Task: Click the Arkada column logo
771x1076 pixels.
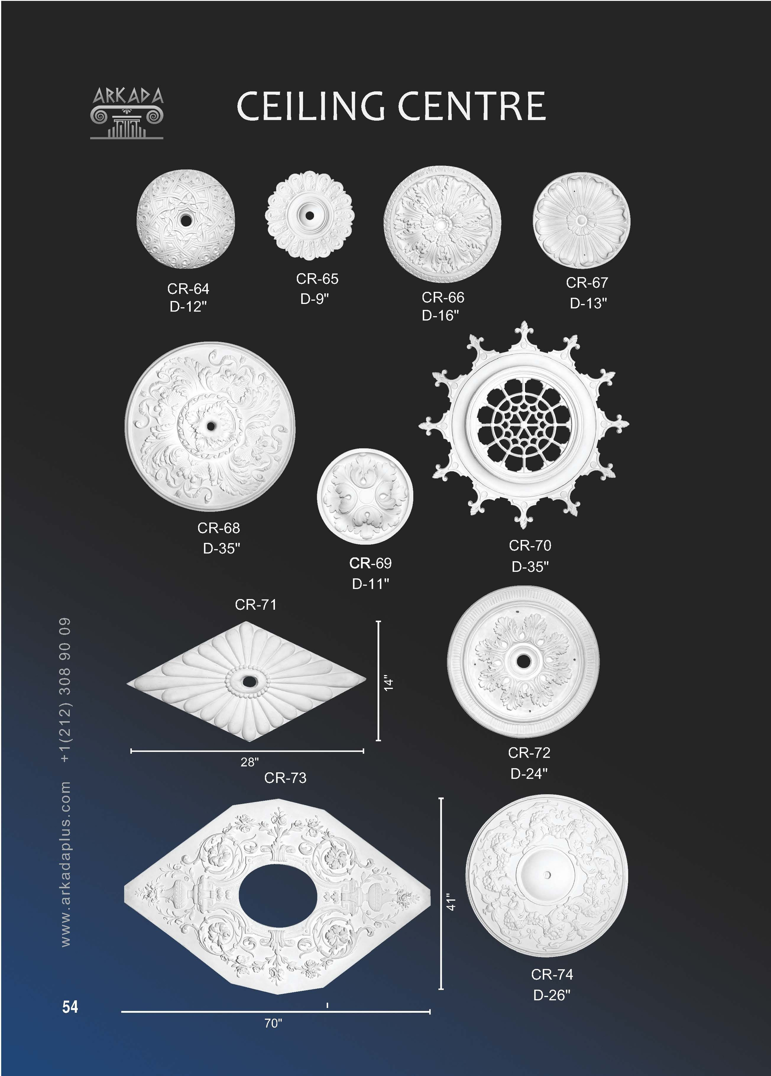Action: (x=127, y=113)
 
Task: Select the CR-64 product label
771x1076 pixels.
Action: (x=188, y=289)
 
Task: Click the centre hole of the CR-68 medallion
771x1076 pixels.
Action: (x=210, y=426)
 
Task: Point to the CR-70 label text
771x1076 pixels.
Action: (x=530, y=546)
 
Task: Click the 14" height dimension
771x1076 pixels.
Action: (x=389, y=682)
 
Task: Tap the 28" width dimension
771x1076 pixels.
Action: (x=250, y=762)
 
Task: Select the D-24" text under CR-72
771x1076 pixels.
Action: (x=529, y=773)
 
